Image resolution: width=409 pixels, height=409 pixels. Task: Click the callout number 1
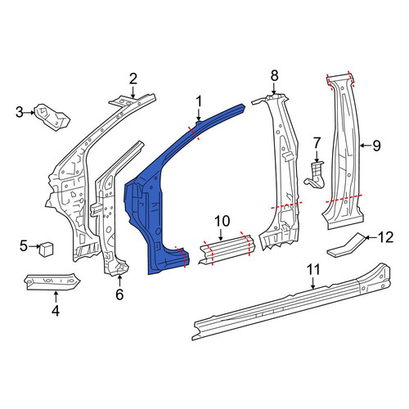(199, 101)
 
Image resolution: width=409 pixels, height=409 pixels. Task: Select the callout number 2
(133, 79)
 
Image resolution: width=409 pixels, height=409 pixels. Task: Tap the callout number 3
(20, 112)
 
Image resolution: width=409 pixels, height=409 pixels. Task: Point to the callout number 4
(56, 311)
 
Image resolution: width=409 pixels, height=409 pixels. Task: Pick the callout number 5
(24, 246)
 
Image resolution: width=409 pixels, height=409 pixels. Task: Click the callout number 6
(119, 294)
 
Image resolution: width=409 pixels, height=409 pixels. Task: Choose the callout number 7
(317, 144)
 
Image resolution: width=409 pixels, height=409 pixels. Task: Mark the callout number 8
(274, 75)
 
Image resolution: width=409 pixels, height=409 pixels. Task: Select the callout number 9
(376, 146)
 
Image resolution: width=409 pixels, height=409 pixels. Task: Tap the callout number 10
(222, 221)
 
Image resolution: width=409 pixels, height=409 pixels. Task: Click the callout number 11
(313, 270)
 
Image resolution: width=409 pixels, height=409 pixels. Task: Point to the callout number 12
(385, 237)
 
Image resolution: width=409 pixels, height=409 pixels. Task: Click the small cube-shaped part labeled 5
(47, 249)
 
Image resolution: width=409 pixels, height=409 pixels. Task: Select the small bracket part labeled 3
(52, 117)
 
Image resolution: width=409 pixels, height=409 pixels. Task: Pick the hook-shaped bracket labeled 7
(315, 176)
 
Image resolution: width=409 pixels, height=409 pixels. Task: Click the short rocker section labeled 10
(227, 250)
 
